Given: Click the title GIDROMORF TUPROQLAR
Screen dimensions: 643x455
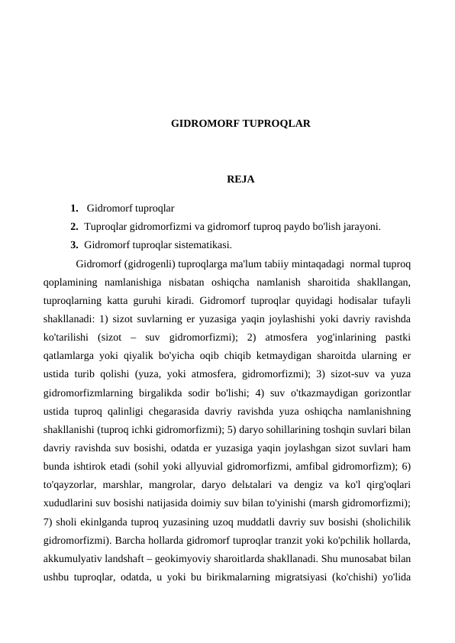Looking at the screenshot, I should [240, 122].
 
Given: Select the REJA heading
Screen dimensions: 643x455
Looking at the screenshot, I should [240, 180].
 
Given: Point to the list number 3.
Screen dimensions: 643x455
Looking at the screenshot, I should [73, 245].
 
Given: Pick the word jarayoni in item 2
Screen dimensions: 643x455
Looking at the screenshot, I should [362, 227].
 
